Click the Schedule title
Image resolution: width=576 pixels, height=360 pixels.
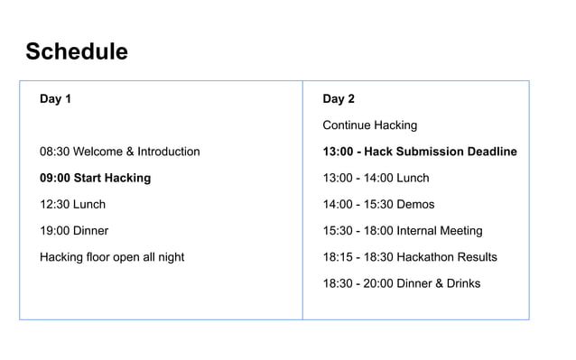point(77,51)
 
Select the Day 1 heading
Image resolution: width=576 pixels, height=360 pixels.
point(55,99)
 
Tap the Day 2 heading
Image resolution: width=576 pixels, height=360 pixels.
point(339,99)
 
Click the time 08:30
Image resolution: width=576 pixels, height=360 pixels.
point(54,152)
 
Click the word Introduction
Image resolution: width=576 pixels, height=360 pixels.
point(168,152)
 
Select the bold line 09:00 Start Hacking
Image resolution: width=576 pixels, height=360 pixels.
point(95,178)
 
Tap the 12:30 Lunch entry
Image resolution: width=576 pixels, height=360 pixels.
point(72,204)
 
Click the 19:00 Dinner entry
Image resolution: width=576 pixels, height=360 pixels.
point(74,230)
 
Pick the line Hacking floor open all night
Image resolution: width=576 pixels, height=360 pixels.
point(112,257)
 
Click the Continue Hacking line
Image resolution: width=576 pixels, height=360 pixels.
point(370,125)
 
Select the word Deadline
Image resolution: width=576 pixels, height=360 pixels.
point(489,152)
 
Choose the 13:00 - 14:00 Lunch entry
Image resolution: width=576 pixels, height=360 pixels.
point(376,178)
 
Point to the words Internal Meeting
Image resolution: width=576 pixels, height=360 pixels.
point(441,231)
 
